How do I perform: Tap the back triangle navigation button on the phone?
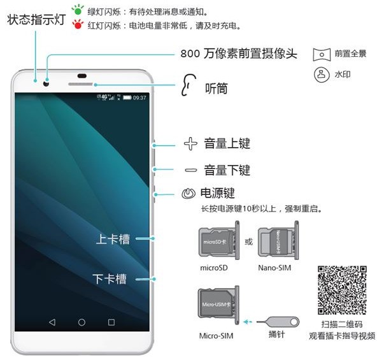[x=52, y=322]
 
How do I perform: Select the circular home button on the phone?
[x=82, y=322]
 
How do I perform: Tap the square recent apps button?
[x=111, y=322]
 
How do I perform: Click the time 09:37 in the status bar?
[x=139, y=97]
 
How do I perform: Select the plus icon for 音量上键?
[x=190, y=143]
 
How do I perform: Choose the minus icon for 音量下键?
[x=190, y=170]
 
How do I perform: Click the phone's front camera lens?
[x=46, y=82]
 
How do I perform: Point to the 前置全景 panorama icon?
[x=322, y=54]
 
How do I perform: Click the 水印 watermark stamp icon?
[x=322, y=75]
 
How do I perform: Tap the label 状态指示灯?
[x=36, y=19]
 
